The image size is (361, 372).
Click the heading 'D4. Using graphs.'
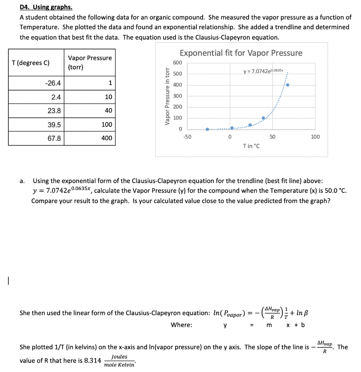pos(46,7)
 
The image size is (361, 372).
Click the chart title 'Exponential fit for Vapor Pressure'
pos(241,53)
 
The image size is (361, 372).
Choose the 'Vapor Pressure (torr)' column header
pos(90,62)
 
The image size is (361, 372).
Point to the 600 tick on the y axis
pos(178,63)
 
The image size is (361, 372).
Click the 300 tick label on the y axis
pos(178,96)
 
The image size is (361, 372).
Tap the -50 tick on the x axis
pos(187,137)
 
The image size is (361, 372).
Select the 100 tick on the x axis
pos(315,137)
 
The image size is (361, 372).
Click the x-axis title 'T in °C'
pos(251,146)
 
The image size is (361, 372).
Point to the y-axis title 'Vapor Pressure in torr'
pos(167,96)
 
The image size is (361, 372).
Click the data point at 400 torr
pos(288,85)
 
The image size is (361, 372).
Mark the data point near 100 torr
pos(264,118)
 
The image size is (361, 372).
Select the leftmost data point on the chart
pos(207,129)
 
